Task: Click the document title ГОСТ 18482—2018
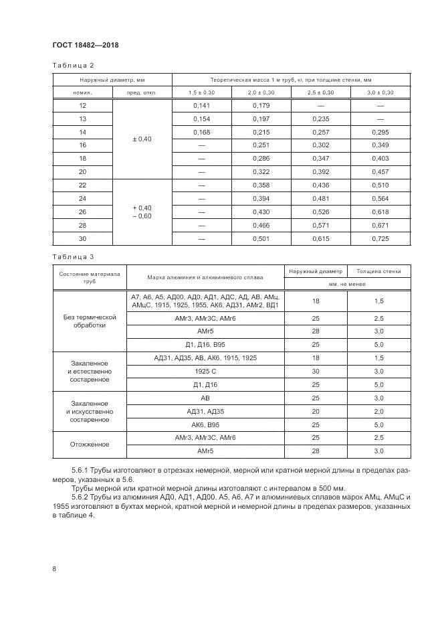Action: [85, 45]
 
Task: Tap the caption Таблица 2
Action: [74, 65]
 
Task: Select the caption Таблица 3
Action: [74, 256]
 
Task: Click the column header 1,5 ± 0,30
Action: [202, 92]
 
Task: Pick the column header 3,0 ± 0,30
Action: [380, 92]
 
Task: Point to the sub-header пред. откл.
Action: [142, 92]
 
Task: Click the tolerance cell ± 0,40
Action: [142, 139]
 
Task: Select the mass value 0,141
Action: [202, 106]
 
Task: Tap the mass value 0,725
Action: [380, 240]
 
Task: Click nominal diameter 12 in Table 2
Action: [82, 106]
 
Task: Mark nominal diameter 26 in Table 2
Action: [82, 212]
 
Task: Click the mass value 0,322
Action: [261, 171]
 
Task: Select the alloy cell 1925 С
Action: [205, 370]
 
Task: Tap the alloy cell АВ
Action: [205, 398]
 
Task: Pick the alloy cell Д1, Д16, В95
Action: [205, 344]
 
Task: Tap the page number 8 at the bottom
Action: [54, 568]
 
